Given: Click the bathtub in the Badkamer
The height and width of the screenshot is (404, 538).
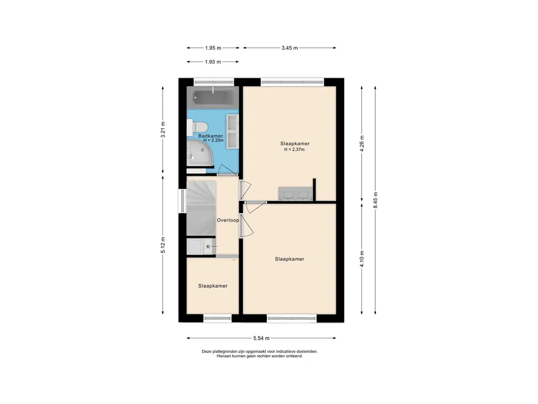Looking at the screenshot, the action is click(213, 97).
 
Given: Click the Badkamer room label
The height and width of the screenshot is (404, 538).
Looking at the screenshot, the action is click(211, 136).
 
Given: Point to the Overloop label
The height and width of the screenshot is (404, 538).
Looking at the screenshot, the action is click(228, 220).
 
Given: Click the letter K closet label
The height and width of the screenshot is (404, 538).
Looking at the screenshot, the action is click(208, 247).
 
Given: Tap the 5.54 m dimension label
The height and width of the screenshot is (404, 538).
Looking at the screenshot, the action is click(262, 338).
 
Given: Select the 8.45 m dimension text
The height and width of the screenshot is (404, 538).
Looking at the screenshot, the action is click(375, 200).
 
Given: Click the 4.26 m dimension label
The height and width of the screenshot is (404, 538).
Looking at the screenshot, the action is click(361, 144).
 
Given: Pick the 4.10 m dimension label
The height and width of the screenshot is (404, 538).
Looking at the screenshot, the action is click(361, 259).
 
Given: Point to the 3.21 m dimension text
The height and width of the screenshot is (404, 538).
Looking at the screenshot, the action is click(163, 129).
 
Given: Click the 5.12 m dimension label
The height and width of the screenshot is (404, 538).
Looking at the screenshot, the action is click(163, 245).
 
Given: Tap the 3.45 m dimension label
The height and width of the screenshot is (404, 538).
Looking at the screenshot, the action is click(289, 48).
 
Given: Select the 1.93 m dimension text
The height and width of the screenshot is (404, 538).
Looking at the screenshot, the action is click(213, 62).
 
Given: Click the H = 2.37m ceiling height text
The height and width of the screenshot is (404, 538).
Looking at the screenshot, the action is click(294, 149).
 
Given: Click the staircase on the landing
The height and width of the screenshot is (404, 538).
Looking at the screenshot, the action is click(201, 208).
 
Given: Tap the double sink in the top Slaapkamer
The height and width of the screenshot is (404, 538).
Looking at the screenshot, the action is click(295, 194).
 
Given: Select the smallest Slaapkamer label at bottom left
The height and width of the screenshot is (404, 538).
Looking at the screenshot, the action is click(213, 286).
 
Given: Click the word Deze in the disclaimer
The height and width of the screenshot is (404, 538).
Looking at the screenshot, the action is click(206, 351).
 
